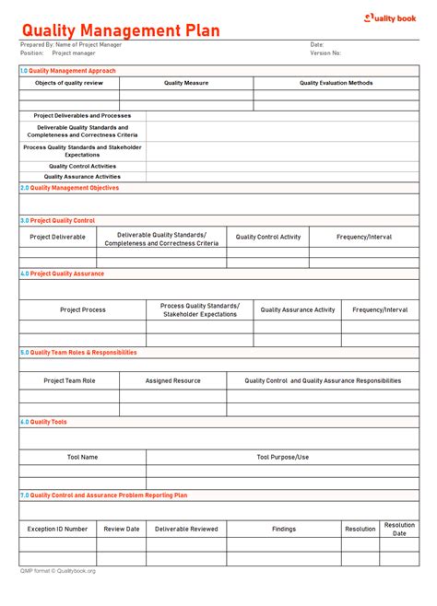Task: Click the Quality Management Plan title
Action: (121, 30)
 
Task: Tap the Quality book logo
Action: (392, 17)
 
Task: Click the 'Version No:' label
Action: (325, 53)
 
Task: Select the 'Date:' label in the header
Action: (316, 44)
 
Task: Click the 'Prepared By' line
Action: (71, 44)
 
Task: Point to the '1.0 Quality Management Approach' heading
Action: (68, 70)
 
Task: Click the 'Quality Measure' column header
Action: (186, 83)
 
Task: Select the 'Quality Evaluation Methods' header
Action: (336, 83)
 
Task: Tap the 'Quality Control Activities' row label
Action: (82, 166)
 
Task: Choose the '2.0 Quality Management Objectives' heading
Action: (70, 187)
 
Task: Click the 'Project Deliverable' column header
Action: (57, 237)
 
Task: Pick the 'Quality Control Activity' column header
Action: (267, 237)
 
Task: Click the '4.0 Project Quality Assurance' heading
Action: (63, 274)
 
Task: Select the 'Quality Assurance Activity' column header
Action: (298, 310)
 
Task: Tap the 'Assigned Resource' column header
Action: (172, 380)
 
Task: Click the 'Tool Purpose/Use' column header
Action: (282, 457)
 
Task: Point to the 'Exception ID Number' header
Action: (57, 529)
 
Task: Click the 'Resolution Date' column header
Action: (399, 529)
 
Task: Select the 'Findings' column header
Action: (284, 529)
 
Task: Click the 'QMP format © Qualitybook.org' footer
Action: (57, 571)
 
